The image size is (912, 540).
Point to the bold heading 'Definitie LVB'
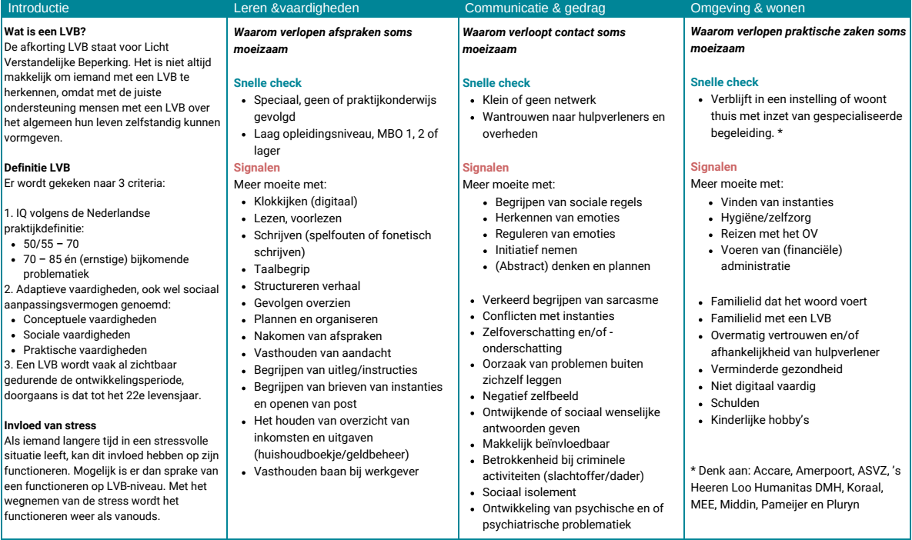37,167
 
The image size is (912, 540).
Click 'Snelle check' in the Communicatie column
496,83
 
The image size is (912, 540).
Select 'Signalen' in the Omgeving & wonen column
713,167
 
